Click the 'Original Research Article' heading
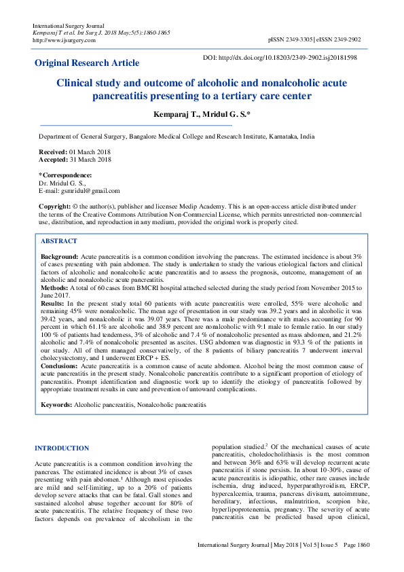pyautogui.click(x=87, y=63)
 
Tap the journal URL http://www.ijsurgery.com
pyautogui.click(x=64, y=40)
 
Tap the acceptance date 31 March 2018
pyautogui.click(x=90, y=160)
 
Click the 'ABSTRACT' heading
pyautogui.click(x=59, y=241)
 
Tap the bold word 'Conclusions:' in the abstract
pyautogui.click(x=60, y=365)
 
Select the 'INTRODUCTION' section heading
pyautogui.click(x=61, y=448)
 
